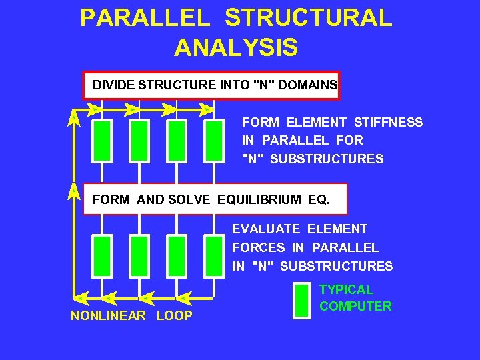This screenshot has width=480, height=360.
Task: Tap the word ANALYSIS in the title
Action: click(236, 47)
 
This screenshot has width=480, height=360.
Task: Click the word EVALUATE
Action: click(266, 229)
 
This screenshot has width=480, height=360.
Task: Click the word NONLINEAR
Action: click(108, 315)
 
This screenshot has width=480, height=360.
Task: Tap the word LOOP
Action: click(174, 315)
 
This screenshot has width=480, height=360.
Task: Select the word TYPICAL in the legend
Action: click(346, 289)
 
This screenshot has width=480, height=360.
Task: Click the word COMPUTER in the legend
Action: click(355, 307)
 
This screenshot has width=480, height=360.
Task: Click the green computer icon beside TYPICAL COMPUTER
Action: click(302, 301)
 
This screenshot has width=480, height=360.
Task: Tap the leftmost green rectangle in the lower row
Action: click(101, 252)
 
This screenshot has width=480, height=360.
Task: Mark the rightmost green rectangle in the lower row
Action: click(214, 252)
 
